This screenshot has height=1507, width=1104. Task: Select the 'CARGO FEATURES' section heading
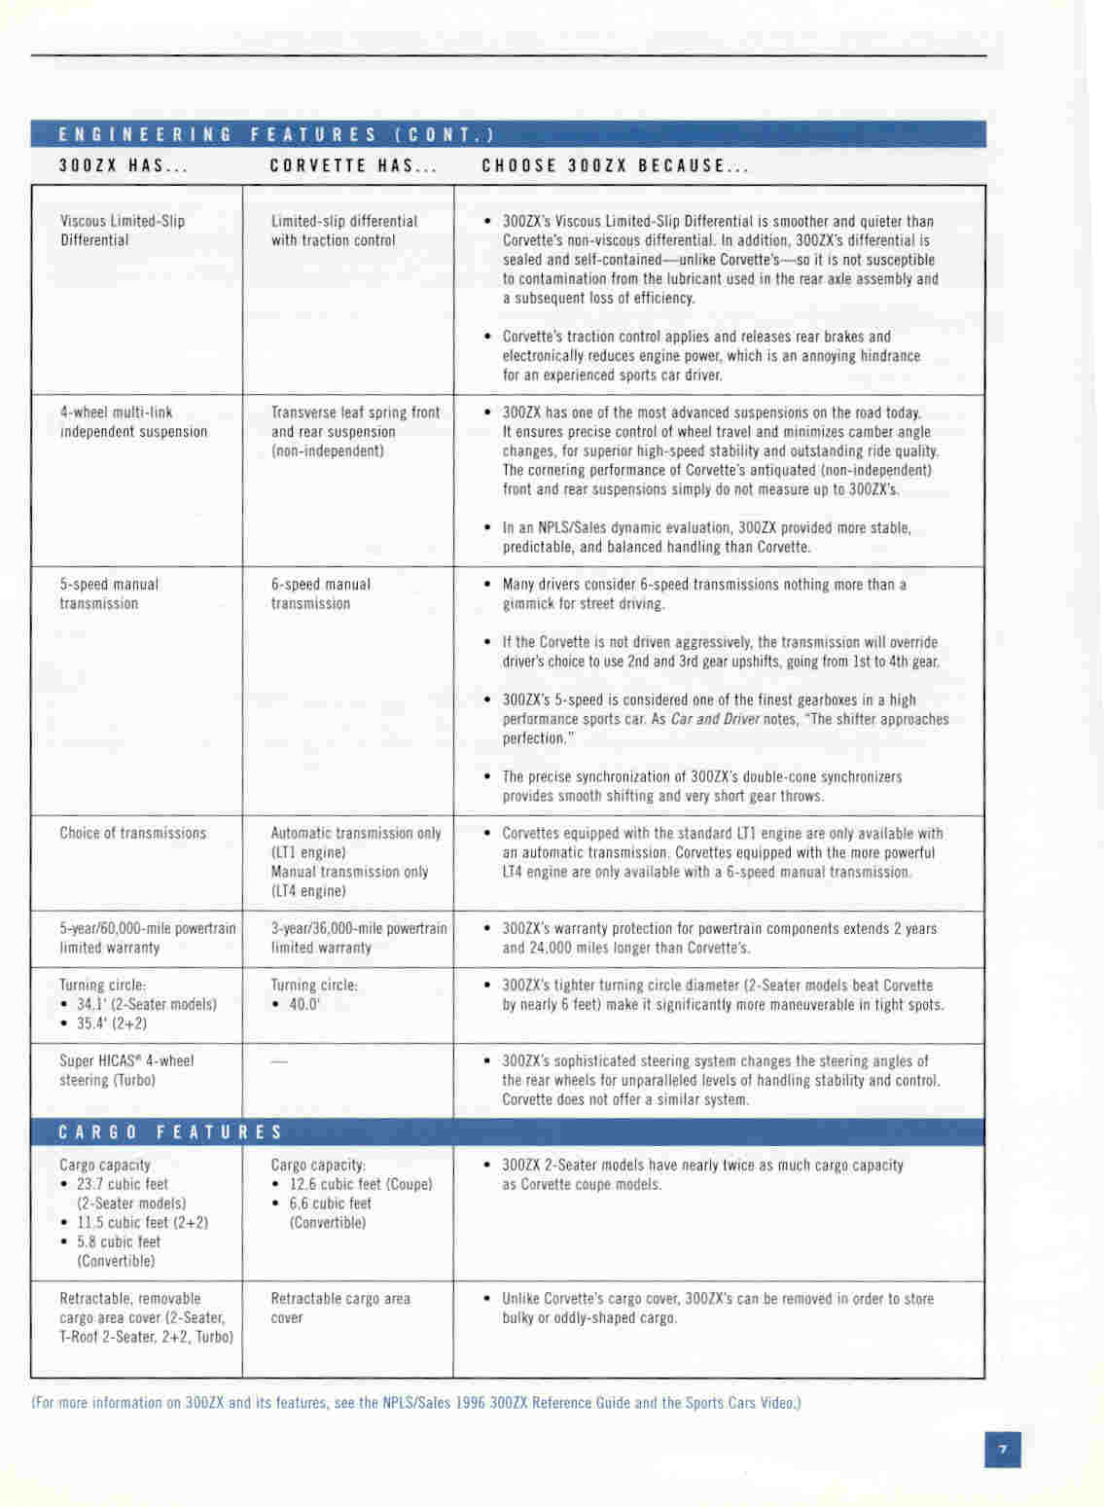pyautogui.click(x=171, y=1132)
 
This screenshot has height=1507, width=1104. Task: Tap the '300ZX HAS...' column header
pyautogui.click(x=124, y=165)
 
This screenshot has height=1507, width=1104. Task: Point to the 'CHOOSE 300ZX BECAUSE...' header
pyautogui.click(x=615, y=165)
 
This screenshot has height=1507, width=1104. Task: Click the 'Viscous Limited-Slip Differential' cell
pyautogui.click(x=122, y=231)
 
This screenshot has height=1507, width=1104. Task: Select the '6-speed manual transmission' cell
pyautogui.click(x=320, y=594)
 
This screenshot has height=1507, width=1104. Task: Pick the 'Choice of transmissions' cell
pyautogui.click(x=133, y=834)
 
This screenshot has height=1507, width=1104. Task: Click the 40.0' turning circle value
pyautogui.click(x=304, y=1005)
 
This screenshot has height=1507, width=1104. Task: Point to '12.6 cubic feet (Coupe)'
pyautogui.click(x=360, y=1184)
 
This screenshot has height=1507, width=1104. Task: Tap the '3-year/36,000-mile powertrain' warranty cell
pyautogui.click(x=358, y=938)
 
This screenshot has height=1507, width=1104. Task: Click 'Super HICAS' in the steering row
pyautogui.click(x=100, y=1061)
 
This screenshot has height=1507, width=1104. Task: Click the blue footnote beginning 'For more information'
pyautogui.click(x=415, y=1403)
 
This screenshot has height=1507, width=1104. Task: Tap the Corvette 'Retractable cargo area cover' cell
pyautogui.click(x=339, y=1309)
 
